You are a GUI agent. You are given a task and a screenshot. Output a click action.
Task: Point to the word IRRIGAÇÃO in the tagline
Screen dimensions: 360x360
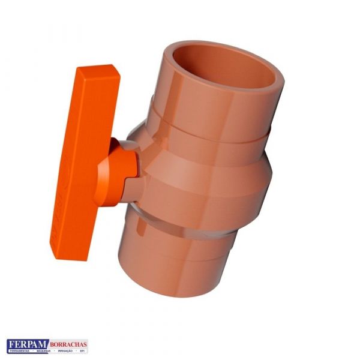tap(64, 351)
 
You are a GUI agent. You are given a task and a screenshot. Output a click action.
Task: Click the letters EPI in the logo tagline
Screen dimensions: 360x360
tap(82, 351)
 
